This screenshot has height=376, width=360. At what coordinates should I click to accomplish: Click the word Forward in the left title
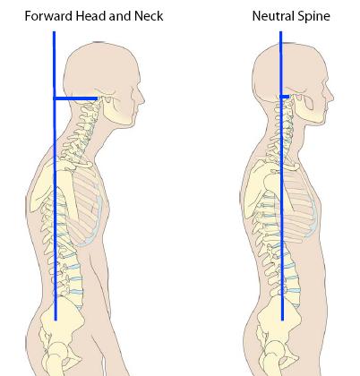(x=49, y=16)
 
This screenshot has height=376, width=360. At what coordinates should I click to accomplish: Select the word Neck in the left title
(x=149, y=16)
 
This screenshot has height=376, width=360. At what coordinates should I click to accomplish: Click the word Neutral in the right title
(x=274, y=16)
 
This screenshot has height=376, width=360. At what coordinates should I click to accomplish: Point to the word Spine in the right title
(x=314, y=16)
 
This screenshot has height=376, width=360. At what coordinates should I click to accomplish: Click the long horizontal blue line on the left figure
(x=75, y=98)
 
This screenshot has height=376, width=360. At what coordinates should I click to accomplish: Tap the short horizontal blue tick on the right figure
(x=285, y=97)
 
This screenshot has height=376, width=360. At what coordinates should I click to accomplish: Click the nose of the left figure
(x=142, y=98)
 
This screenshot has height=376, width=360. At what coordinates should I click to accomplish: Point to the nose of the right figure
(x=330, y=96)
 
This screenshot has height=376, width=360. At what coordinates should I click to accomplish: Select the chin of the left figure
(x=128, y=124)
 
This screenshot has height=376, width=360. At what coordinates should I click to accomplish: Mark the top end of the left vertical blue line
(x=54, y=31)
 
